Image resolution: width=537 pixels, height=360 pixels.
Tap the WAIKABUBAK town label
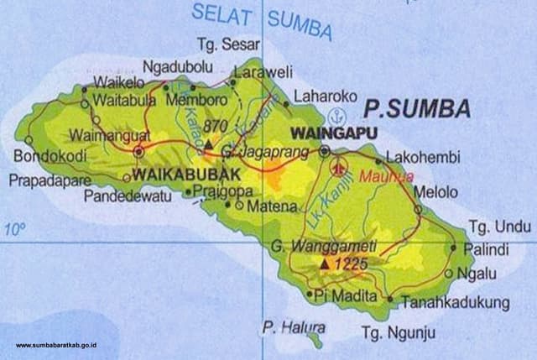pos(174,175)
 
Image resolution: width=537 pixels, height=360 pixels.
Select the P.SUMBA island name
pos(416,108)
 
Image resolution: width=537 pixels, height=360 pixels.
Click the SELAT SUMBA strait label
pos(262,21)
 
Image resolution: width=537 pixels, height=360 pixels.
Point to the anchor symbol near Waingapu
pos(336,115)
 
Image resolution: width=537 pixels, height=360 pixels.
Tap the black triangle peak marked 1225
pos(324,264)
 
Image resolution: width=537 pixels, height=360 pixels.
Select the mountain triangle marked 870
pos(208,145)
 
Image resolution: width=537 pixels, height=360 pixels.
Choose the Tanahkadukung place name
pos(455,301)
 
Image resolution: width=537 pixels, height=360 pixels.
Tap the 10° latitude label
pos(14,228)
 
